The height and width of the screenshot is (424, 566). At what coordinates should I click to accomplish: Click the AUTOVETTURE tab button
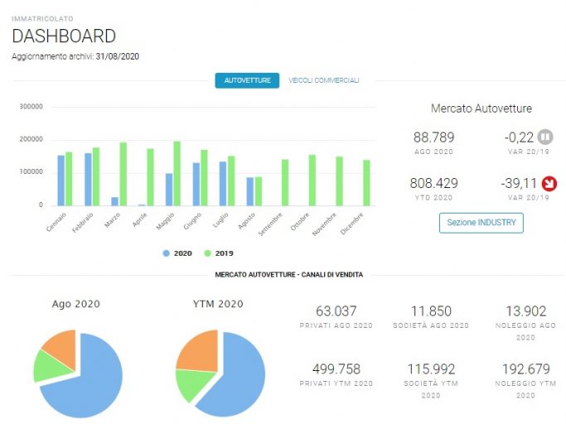click(x=247, y=80)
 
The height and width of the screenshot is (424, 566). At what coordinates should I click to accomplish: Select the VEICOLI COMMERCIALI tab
click(x=324, y=80)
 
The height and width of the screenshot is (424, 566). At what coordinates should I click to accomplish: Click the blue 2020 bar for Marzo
click(x=114, y=201)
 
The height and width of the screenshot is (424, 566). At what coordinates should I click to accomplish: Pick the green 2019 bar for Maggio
click(x=177, y=174)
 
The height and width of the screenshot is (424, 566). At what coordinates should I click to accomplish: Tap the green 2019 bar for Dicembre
click(x=366, y=183)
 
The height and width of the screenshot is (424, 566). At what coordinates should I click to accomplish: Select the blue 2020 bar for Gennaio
click(x=61, y=181)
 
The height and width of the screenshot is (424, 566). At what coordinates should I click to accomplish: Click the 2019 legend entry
click(x=219, y=253)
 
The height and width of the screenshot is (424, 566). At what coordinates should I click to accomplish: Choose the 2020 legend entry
click(x=177, y=253)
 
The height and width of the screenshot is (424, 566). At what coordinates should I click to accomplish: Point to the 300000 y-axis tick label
click(x=31, y=107)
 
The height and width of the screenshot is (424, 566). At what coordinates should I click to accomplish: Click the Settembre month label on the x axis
click(x=270, y=224)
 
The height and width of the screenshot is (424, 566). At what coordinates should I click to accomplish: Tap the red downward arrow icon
click(x=549, y=184)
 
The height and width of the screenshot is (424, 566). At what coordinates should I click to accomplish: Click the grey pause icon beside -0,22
click(x=545, y=137)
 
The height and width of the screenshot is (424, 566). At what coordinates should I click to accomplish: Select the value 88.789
click(x=433, y=137)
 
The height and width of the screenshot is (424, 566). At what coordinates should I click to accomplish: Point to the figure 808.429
click(x=433, y=183)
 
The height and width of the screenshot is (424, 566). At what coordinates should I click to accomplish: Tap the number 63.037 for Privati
click(x=336, y=311)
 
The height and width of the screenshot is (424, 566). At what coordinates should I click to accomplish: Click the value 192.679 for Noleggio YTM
click(x=526, y=369)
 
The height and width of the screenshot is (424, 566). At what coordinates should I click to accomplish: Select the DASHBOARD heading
click(x=64, y=36)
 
